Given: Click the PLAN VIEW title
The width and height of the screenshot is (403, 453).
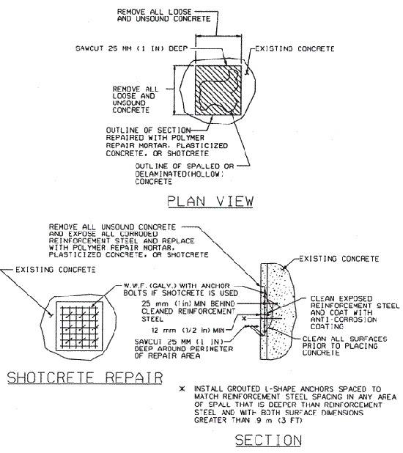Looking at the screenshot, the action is point(210,201).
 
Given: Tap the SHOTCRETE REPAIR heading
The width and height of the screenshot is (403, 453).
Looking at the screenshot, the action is point(85,377).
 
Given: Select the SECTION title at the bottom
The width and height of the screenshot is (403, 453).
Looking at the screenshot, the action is point(268,441).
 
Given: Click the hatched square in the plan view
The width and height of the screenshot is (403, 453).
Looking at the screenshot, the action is point(218,90).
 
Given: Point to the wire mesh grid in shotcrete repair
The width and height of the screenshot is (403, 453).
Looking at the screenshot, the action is point(79,326).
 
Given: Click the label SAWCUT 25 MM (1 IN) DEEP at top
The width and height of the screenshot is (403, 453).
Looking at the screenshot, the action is point(132,48).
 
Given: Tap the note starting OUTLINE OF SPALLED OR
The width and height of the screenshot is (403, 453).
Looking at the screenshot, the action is point(185,174).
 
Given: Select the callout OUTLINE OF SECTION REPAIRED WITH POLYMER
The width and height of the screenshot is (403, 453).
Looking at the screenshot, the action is point(166,141).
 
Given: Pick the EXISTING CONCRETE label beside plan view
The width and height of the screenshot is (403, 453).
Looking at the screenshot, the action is point(295,49).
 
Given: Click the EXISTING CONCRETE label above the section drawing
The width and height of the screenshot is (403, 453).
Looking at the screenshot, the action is point(339,259).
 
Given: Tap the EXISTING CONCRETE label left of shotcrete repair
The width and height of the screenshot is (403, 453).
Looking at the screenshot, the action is point(56,270).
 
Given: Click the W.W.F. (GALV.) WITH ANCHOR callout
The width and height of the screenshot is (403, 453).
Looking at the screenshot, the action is point(181,290).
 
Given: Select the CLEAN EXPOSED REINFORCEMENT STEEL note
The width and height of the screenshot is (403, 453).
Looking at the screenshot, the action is point(355,312).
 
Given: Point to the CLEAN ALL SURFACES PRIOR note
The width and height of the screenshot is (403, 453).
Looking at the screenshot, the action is point(344,346).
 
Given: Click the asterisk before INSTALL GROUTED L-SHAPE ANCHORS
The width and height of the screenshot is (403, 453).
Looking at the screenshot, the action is point(182,389).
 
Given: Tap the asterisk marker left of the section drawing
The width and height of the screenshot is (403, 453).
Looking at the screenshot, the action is point(245,318).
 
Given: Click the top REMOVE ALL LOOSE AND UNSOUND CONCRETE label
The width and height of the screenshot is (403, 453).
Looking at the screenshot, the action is point(164,15).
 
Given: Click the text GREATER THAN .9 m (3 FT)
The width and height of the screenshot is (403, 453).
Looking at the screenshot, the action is point(248,420).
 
